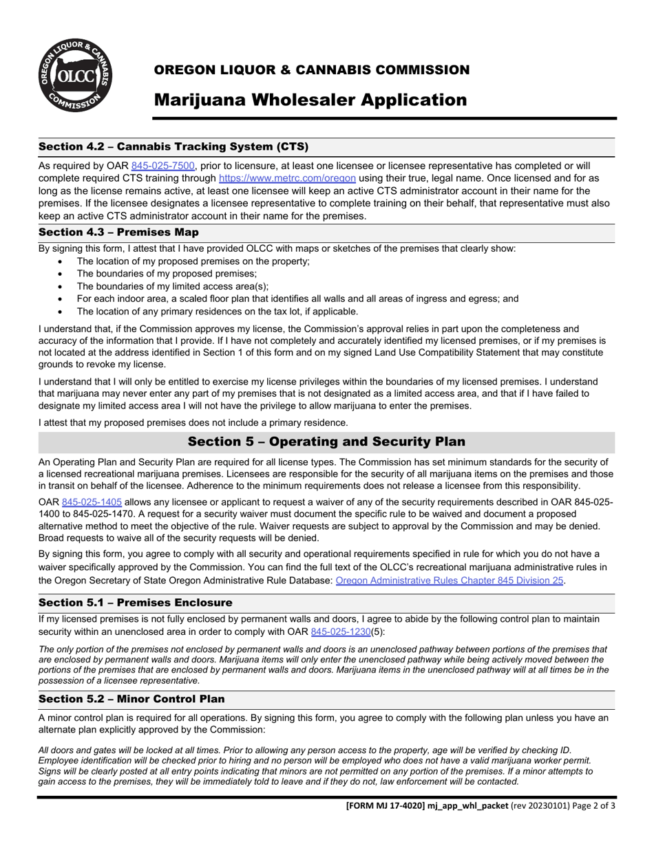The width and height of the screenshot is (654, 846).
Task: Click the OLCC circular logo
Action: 76,76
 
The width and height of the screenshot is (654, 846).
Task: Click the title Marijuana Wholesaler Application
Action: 310,100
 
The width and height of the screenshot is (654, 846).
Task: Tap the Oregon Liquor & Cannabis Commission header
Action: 311,70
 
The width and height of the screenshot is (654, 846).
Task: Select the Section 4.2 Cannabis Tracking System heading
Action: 173,147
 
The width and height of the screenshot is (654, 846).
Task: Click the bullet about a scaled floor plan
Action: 297,299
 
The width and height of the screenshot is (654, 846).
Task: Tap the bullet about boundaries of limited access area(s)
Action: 172,286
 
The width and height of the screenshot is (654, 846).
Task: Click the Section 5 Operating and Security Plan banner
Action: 326,442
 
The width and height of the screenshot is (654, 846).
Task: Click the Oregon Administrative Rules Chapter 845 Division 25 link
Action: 450,580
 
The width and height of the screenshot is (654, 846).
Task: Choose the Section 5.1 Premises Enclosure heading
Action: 135,603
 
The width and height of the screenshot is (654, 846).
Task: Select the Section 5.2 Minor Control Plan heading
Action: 131,699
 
